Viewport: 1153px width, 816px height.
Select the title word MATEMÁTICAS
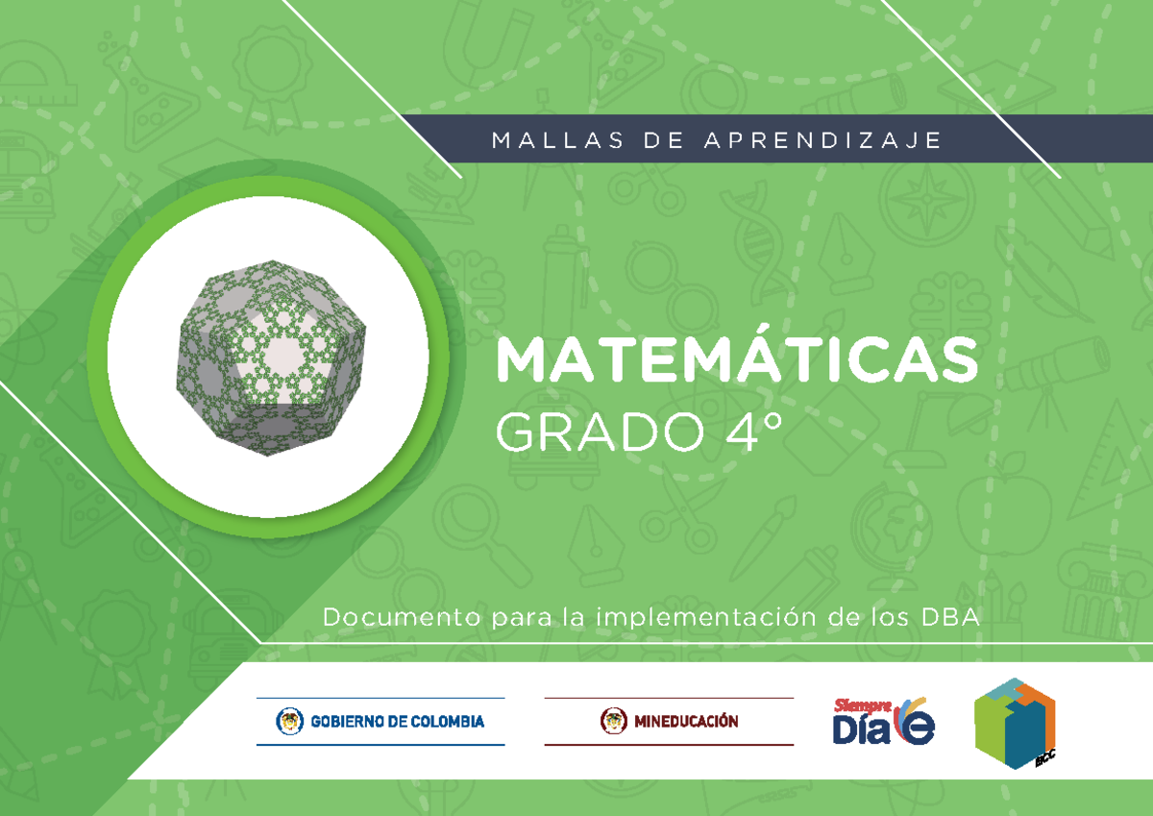(x=737, y=360)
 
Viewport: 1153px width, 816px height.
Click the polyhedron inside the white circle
(x=269, y=356)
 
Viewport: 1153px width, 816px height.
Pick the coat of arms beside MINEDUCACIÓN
(x=611, y=721)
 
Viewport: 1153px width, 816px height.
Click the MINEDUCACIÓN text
(x=685, y=721)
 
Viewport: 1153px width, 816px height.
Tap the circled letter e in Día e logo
(x=915, y=728)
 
